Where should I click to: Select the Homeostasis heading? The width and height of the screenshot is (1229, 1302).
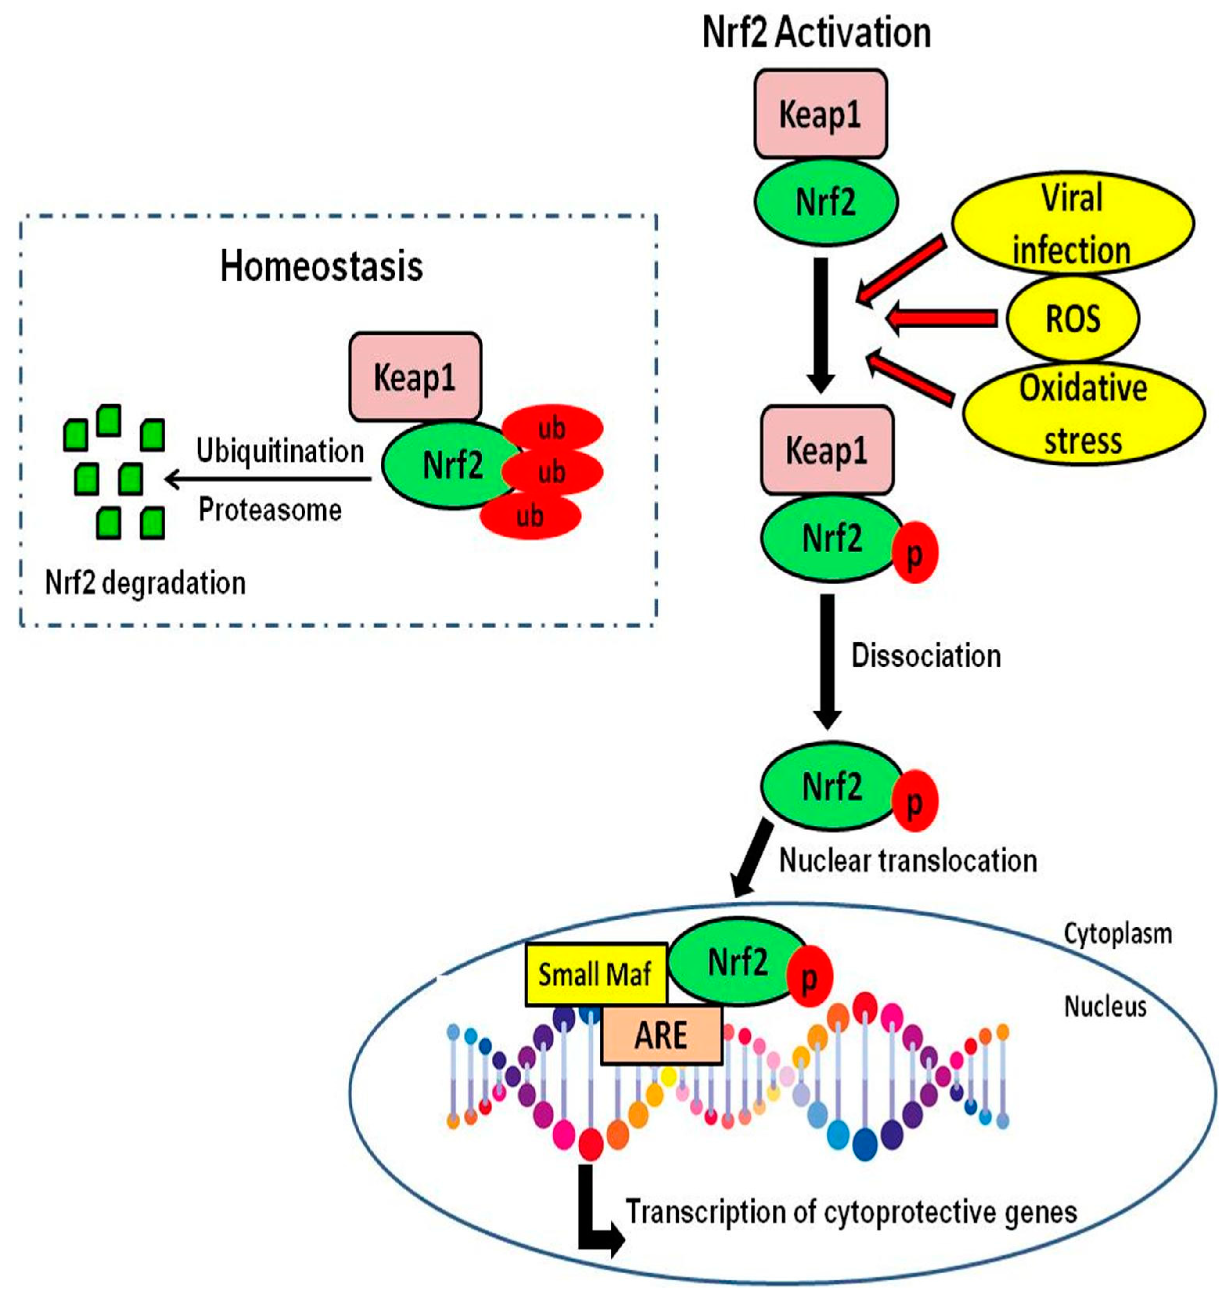(x=321, y=267)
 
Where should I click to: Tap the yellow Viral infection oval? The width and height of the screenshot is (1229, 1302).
(x=1072, y=224)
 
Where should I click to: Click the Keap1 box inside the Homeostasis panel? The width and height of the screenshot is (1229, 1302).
(x=415, y=377)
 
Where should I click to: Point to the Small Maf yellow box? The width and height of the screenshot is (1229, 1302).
(x=596, y=975)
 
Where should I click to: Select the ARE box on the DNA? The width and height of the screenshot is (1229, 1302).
(x=661, y=1036)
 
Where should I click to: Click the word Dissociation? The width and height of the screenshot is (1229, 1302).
(x=926, y=656)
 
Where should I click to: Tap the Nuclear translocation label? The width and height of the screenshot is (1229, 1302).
(x=908, y=860)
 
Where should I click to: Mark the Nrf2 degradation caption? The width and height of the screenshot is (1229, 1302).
(x=145, y=583)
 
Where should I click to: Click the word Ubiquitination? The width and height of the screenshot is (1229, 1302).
(x=280, y=451)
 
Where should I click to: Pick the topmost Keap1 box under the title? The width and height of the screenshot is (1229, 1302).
(x=821, y=114)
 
